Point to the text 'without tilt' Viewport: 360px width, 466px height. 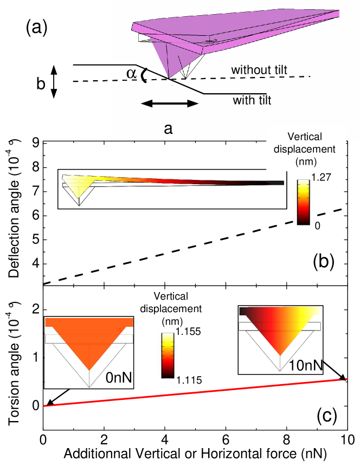click(x=259, y=70)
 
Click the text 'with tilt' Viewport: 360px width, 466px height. click(x=252, y=100)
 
